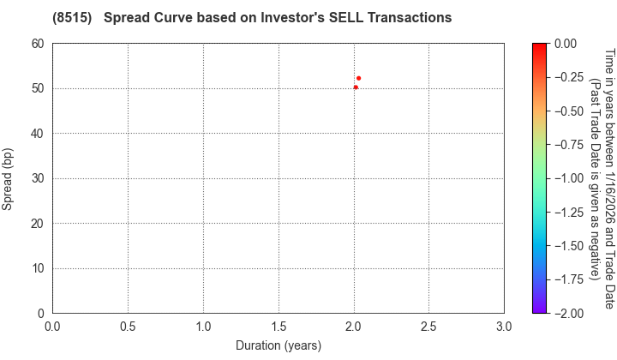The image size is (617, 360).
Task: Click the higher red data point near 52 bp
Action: [358, 78]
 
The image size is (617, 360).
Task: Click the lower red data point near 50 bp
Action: [356, 87]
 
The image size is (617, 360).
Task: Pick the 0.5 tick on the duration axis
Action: [128, 327]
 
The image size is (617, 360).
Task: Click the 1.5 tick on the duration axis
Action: [279, 327]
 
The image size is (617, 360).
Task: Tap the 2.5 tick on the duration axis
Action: [429, 327]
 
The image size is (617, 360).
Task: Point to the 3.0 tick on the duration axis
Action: [504, 327]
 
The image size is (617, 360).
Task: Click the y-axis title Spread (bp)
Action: [8, 178]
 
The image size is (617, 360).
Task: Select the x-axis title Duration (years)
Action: [279, 345]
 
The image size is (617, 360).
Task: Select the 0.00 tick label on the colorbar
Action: [570, 44]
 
